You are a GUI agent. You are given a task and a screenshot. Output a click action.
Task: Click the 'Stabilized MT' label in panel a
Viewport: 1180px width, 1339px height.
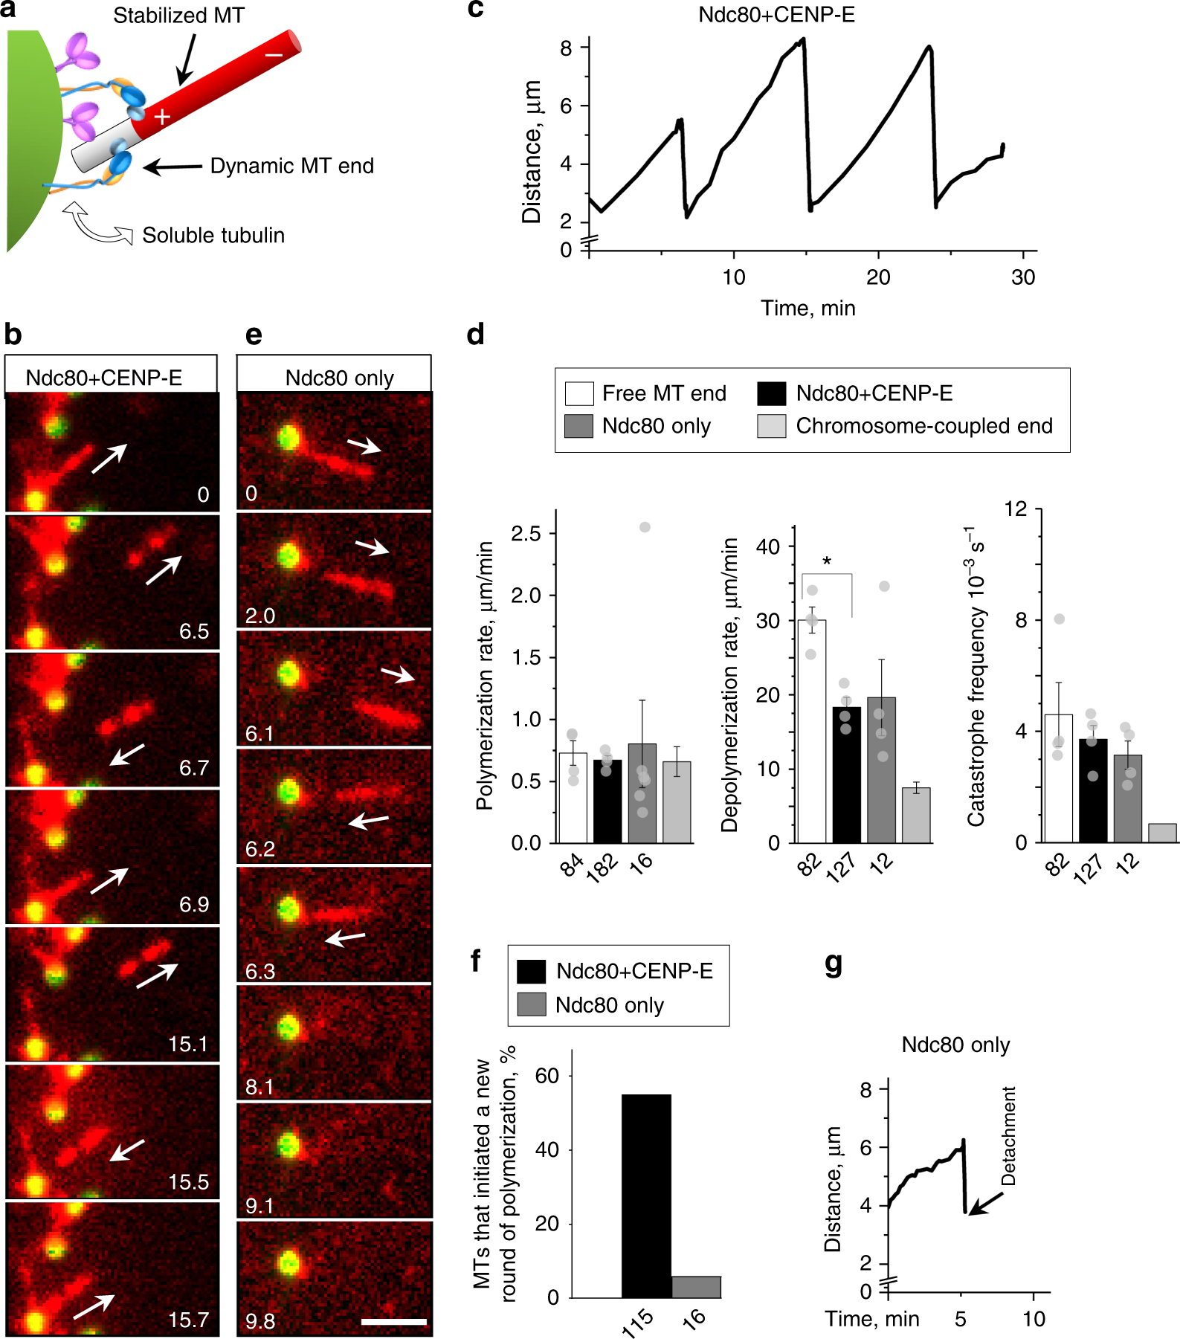tap(178, 16)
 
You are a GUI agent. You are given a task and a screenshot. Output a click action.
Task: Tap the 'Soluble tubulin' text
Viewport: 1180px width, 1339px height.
tap(213, 236)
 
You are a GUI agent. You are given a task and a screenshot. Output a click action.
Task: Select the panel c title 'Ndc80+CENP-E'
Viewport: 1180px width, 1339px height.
tap(776, 15)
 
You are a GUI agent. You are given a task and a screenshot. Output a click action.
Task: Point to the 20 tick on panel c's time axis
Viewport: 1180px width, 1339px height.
tap(878, 277)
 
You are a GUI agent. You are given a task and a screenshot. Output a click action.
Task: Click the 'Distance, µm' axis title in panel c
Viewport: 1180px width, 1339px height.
tap(531, 152)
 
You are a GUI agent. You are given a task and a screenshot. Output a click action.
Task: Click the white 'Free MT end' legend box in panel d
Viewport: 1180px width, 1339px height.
tap(579, 393)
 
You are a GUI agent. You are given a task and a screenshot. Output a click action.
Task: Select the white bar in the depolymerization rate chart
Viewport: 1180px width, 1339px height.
tap(811, 732)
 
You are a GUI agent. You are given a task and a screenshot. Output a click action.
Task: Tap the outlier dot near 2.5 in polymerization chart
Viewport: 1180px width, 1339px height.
tap(645, 527)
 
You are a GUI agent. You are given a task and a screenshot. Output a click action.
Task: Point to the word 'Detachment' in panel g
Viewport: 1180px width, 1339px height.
tap(1009, 1136)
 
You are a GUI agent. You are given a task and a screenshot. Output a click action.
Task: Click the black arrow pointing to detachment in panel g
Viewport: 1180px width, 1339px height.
tap(986, 1204)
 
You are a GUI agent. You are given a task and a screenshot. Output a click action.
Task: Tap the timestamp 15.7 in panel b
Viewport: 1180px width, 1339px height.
tap(188, 1320)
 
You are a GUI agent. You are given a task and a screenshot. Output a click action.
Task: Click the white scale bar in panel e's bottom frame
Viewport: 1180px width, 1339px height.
tap(393, 1321)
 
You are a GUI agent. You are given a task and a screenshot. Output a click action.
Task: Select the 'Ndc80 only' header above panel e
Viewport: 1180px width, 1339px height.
tap(339, 378)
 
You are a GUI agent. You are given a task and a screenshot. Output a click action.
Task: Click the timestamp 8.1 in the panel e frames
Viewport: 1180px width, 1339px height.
tap(259, 1087)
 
